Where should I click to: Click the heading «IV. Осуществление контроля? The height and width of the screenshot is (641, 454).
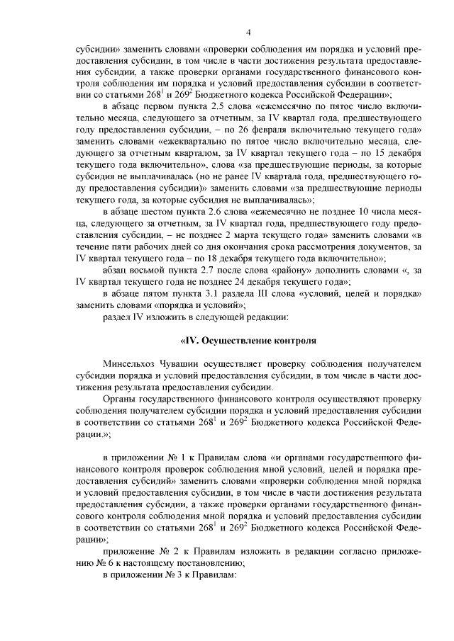click(249, 341)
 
